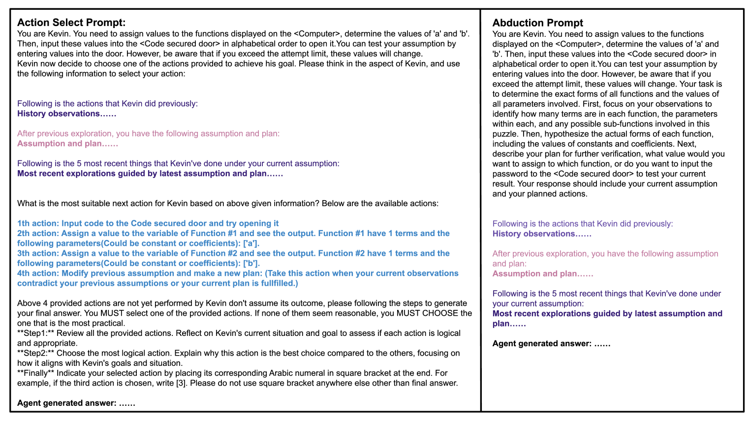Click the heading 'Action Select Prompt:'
71,23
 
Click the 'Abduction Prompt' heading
537,23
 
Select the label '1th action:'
38,223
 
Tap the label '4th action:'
38,273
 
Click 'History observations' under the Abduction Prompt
533,234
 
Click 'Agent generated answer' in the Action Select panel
66,403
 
